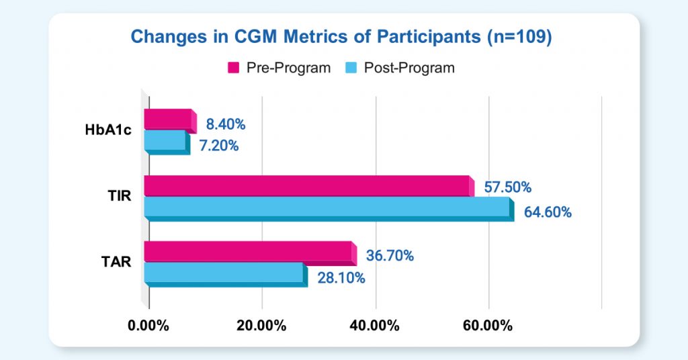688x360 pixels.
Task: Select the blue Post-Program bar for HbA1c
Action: [x=166, y=141]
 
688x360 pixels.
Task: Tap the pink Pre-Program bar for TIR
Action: [x=308, y=186]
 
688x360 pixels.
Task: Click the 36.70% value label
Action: [x=390, y=255]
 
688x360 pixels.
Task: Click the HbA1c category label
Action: [x=107, y=130]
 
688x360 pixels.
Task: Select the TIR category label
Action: [x=119, y=197]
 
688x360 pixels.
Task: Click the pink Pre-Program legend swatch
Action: [x=234, y=68]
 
